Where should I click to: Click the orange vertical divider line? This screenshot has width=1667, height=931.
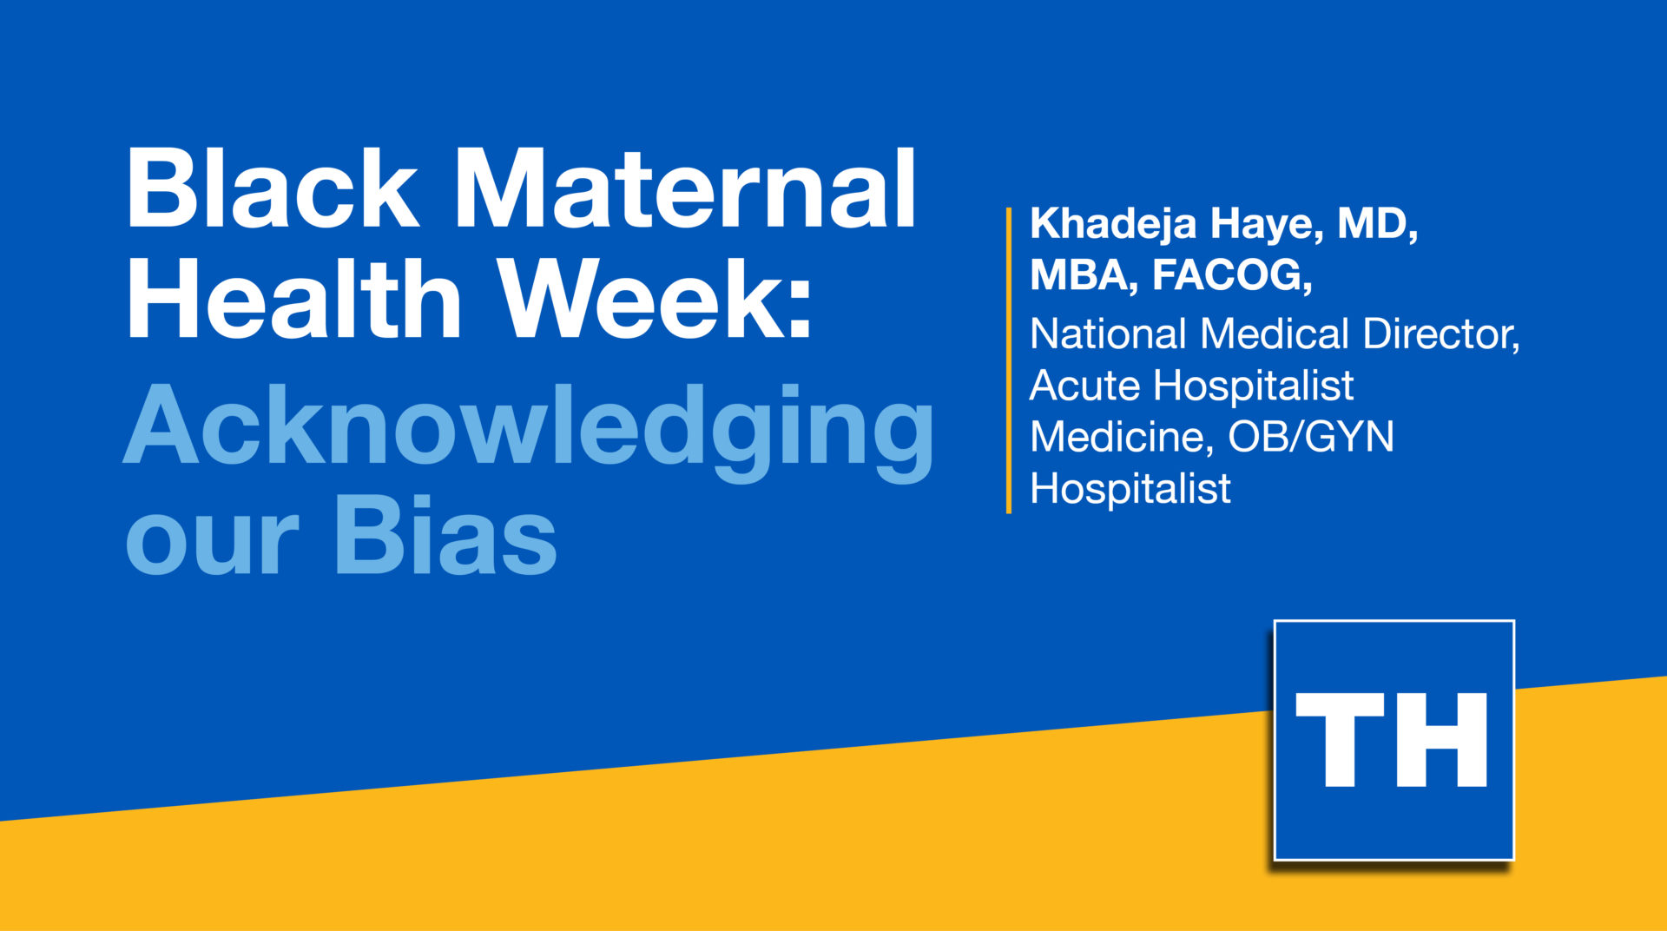pyautogui.click(x=1008, y=360)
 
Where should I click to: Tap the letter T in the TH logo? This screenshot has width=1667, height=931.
pyautogui.click(x=1340, y=739)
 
